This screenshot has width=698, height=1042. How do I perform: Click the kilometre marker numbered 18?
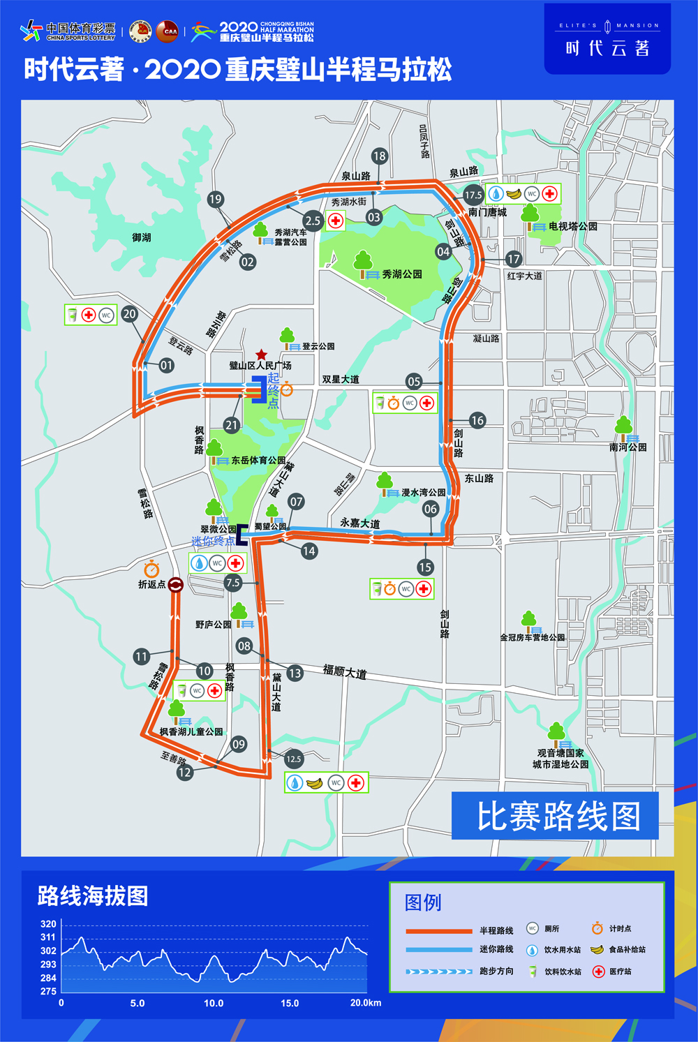click(379, 156)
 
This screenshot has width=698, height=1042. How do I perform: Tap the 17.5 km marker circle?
click(473, 195)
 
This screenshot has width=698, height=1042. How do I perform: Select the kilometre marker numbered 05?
click(414, 381)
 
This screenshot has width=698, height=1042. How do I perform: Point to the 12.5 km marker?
click(294, 759)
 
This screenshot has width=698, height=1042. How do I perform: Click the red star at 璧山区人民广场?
click(261, 355)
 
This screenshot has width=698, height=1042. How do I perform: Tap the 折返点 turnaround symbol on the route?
click(176, 585)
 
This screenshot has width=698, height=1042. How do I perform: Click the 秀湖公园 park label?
click(402, 274)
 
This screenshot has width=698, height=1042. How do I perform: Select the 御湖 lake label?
click(142, 237)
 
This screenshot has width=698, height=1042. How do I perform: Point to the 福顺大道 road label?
click(344, 672)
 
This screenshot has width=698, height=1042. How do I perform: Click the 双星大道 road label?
click(341, 380)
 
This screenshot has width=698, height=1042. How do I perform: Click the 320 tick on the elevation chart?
click(48, 924)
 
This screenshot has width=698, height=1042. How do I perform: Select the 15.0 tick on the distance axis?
click(290, 1003)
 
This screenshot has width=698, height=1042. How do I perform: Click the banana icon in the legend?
click(597, 949)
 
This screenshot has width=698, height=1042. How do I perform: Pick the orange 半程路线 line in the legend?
click(439, 931)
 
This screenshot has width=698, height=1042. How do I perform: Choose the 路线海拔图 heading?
click(93, 896)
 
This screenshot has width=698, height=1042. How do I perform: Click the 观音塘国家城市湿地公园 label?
click(560, 759)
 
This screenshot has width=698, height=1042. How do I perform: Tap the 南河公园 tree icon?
click(623, 426)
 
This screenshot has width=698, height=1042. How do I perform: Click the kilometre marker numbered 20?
click(130, 314)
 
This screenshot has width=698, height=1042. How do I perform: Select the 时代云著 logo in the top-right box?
click(607, 39)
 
